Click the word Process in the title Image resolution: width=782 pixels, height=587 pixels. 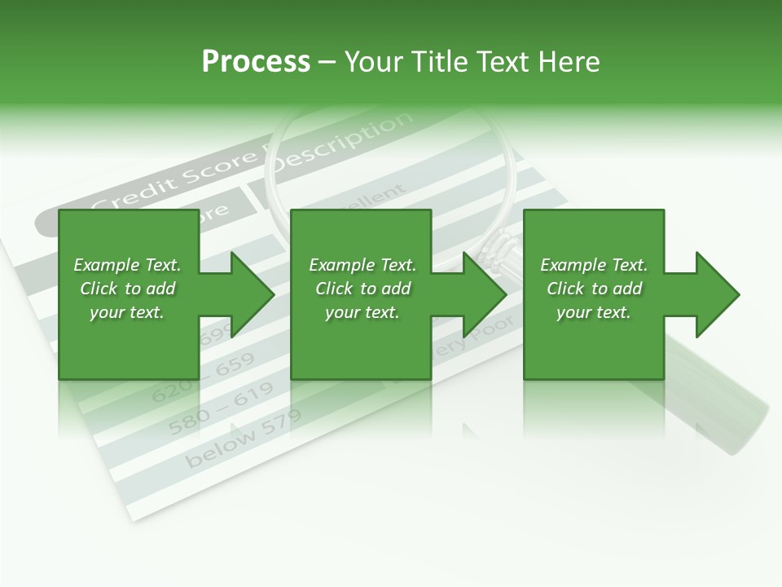pos(256,62)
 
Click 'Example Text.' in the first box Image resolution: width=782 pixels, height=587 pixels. pos(127,265)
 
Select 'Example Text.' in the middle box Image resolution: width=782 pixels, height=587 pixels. pos(362,265)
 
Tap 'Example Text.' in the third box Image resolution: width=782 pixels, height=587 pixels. pos(594,265)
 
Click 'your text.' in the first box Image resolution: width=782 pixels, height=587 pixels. pos(127,312)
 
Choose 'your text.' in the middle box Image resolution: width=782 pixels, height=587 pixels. pos(362,312)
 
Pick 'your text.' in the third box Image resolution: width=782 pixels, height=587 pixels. pos(594,312)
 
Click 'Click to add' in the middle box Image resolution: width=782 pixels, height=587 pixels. pos(362,289)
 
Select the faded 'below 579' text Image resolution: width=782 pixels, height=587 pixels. pos(243,439)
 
